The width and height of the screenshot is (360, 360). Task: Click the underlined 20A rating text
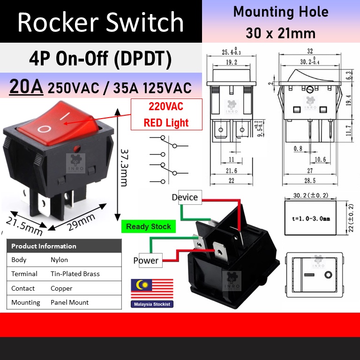click(x=26, y=87)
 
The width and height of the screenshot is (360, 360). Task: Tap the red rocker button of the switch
click(x=58, y=124)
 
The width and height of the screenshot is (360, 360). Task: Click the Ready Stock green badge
click(x=149, y=226)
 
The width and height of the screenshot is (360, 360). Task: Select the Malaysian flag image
click(x=152, y=289)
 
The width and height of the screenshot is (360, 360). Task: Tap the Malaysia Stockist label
click(x=152, y=304)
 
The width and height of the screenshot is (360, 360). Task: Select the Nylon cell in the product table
click(x=59, y=260)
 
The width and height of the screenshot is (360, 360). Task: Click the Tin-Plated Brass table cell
click(x=75, y=274)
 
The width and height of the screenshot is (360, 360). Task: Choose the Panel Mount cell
click(x=69, y=302)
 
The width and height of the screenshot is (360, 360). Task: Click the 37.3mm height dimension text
click(x=124, y=168)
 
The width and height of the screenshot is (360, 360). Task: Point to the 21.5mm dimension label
click(x=24, y=226)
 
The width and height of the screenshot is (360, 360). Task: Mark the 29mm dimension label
click(x=81, y=222)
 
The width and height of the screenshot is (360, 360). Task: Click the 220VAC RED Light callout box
click(x=166, y=114)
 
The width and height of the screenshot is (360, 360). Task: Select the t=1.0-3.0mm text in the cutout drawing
click(x=311, y=218)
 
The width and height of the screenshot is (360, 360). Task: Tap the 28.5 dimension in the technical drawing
click(x=310, y=180)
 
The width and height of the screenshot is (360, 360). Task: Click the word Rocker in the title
click(x=58, y=22)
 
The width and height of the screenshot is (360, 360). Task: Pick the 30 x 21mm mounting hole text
click(x=281, y=33)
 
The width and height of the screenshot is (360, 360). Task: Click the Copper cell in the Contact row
click(x=61, y=288)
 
